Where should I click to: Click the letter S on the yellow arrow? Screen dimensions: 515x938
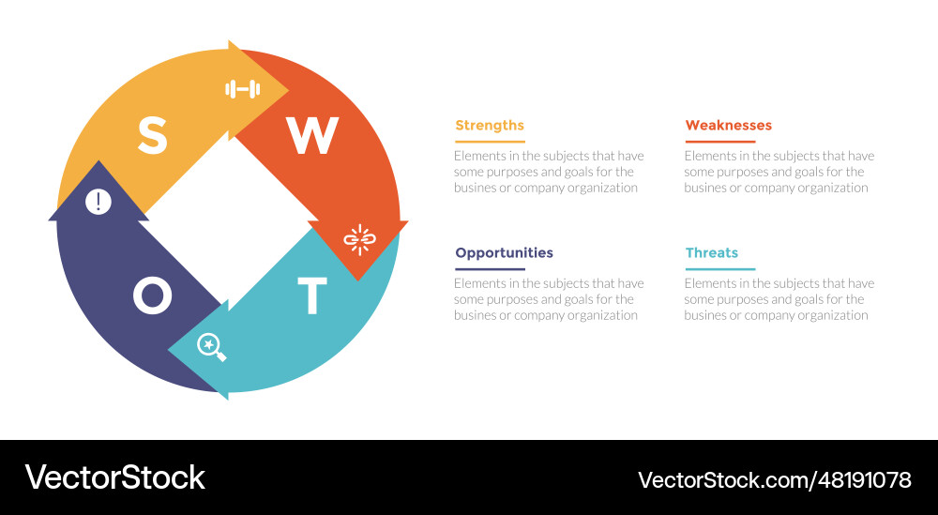[x=152, y=136]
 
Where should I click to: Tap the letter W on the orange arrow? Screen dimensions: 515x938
[x=311, y=137]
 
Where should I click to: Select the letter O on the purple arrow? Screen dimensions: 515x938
[x=152, y=296]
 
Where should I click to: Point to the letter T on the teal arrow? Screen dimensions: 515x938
[x=312, y=296]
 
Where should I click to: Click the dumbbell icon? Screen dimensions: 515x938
[x=242, y=89]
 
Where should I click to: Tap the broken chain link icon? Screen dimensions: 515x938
[x=358, y=240]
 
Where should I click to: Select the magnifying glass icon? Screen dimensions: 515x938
[x=211, y=347]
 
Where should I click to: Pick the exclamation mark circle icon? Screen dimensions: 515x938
[x=98, y=202]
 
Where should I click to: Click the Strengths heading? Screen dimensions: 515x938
[x=490, y=126]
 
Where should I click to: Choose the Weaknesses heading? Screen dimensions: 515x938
[x=729, y=126]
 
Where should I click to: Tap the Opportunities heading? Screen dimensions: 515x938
[x=504, y=253]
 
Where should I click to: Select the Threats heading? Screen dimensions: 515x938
[x=712, y=253]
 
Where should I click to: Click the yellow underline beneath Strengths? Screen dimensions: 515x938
[x=490, y=142]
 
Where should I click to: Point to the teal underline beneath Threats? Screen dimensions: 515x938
[x=719, y=269]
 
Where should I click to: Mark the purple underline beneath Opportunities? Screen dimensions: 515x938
[x=490, y=269]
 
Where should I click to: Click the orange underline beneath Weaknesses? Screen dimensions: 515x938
[x=719, y=142]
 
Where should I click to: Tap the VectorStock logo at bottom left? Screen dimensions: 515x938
[x=114, y=477]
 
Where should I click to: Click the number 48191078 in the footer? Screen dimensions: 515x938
[x=864, y=480]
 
